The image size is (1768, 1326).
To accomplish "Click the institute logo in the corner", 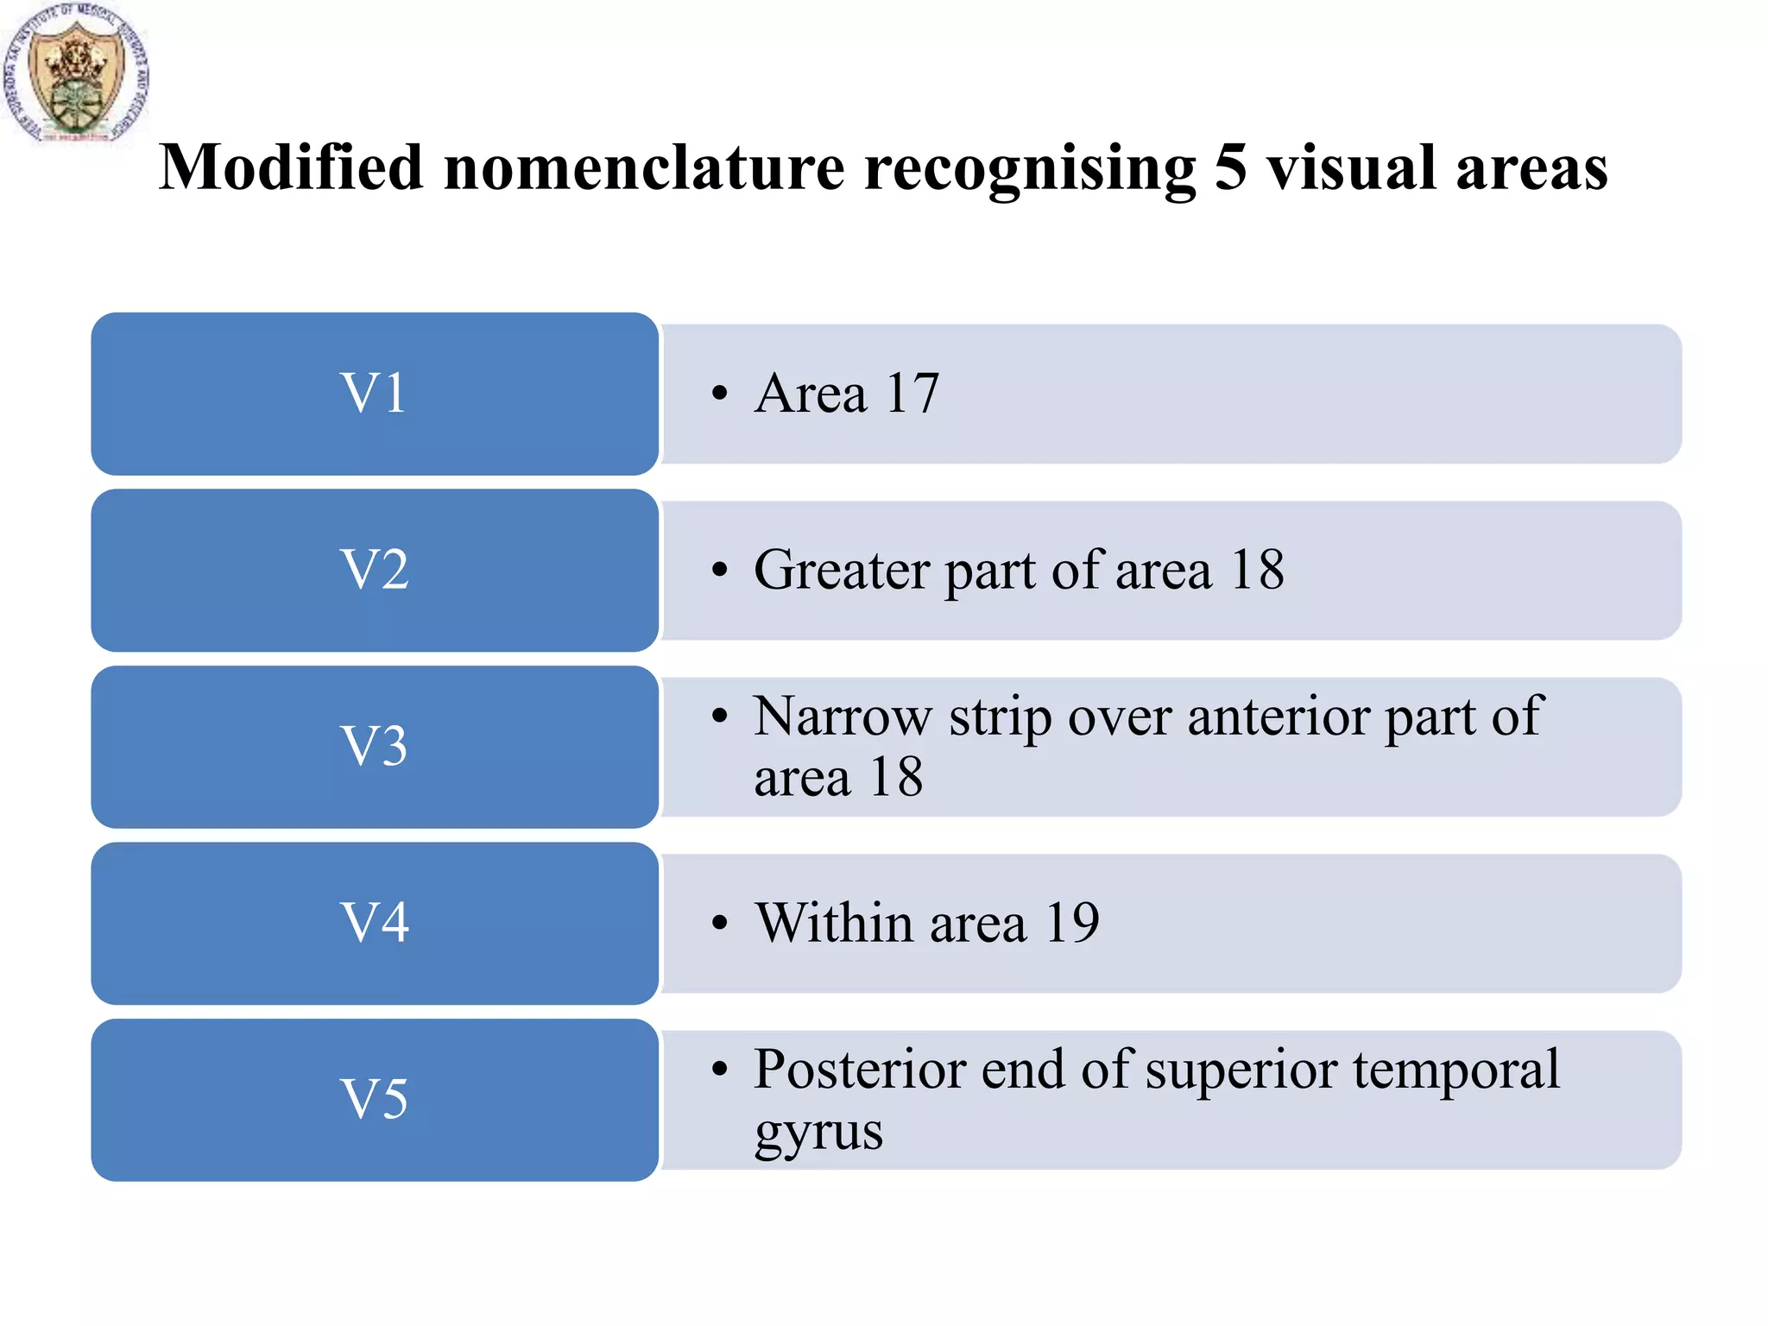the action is (76, 73).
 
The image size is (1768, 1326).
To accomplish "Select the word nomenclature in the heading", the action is (644, 167).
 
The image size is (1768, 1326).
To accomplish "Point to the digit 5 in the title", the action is (1231, 167).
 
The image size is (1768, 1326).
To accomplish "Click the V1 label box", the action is (375, 394).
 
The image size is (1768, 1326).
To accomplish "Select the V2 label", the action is (375, 571).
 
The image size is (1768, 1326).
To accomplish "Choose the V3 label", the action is (375, 747).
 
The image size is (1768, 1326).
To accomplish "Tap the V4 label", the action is (375, 923).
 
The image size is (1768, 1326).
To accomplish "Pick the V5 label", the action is (375, 1100).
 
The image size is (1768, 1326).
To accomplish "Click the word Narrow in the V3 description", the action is (843, 716).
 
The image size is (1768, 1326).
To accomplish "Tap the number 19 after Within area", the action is (1072, 923).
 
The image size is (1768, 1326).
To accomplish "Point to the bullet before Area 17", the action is (720, 395).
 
